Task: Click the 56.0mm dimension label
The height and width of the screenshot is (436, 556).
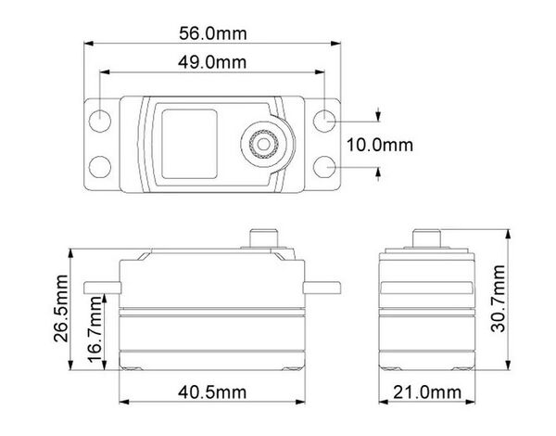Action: point(213,33)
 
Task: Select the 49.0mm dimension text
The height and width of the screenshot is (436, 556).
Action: point(212,62)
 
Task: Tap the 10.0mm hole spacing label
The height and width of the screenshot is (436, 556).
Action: point(380,145)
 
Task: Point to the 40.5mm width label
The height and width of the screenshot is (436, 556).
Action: point(212,392)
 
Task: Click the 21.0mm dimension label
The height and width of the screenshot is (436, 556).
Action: point(427,392)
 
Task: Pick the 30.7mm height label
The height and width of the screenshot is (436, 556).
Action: point(498,299)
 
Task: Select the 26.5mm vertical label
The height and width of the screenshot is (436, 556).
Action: point(60,308)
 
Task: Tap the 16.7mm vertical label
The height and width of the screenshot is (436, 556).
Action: point(95,328)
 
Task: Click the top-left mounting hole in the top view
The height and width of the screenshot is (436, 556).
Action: point(100,121)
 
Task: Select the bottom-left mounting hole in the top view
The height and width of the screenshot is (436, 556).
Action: point(100,167)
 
